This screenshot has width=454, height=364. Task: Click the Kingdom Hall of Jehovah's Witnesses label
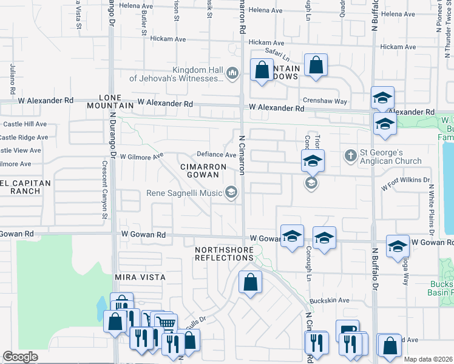pyautogui.click(x=176, y=74)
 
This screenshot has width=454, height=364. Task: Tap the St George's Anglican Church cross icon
pyautogui.click(x=350, y=156)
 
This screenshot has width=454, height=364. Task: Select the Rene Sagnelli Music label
pyautogui.click(x=185, y=194)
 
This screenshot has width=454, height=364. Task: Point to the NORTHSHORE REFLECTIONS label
pyautogui.click(x=223, y=254)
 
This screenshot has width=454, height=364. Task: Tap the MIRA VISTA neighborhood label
pyautogui.click(x=140, y=277)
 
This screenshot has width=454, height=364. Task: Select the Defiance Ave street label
pyautogui.click(x=215, y=155)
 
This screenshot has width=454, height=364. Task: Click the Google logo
pyautogui.click(x=21, y=357)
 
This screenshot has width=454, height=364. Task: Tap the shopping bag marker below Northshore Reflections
pyautogui.click(x=250, y=282)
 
